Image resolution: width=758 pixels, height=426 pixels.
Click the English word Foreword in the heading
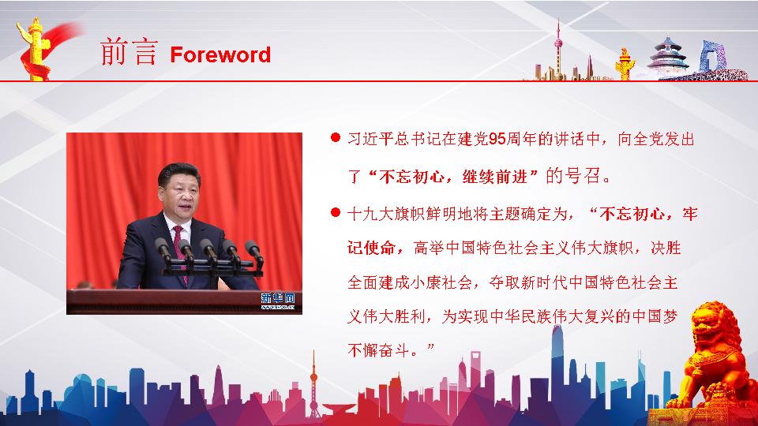(x=220, y=54)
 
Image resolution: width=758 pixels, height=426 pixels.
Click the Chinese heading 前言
(x=129, y=52)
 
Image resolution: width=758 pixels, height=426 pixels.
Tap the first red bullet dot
(x=336, y=137)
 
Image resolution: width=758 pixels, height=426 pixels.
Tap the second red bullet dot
(x=336, y=212)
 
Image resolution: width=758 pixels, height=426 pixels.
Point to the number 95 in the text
(x=497, y=139)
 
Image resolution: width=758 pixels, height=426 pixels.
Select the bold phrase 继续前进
(x=494, y=176)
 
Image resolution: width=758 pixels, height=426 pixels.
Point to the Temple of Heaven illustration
(x=669, y=56)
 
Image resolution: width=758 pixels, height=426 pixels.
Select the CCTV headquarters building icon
(x=713, y=57)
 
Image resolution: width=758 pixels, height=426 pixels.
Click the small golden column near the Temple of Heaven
(x=625, y=64)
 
